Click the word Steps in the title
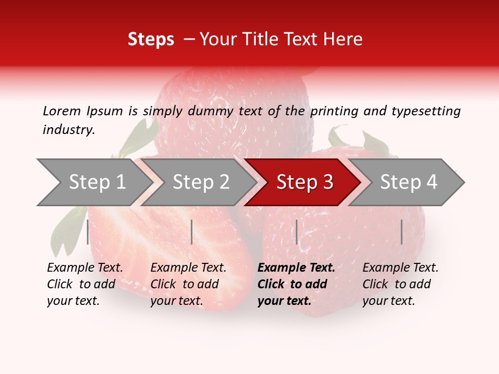(151, 39)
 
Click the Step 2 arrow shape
(201, 182)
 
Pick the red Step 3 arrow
(305, 182)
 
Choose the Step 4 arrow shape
(409, 182)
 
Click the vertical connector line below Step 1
(88, 232)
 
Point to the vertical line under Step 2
(192, 232)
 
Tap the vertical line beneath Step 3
(296, 232)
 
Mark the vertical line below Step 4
(402, 232)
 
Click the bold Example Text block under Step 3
(296, 284)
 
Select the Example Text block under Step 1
(85, 284)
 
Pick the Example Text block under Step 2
(188, 284)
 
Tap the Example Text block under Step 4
(400, 284)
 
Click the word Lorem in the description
(62, 111)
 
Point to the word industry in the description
(69, 129)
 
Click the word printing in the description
(335, 111)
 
